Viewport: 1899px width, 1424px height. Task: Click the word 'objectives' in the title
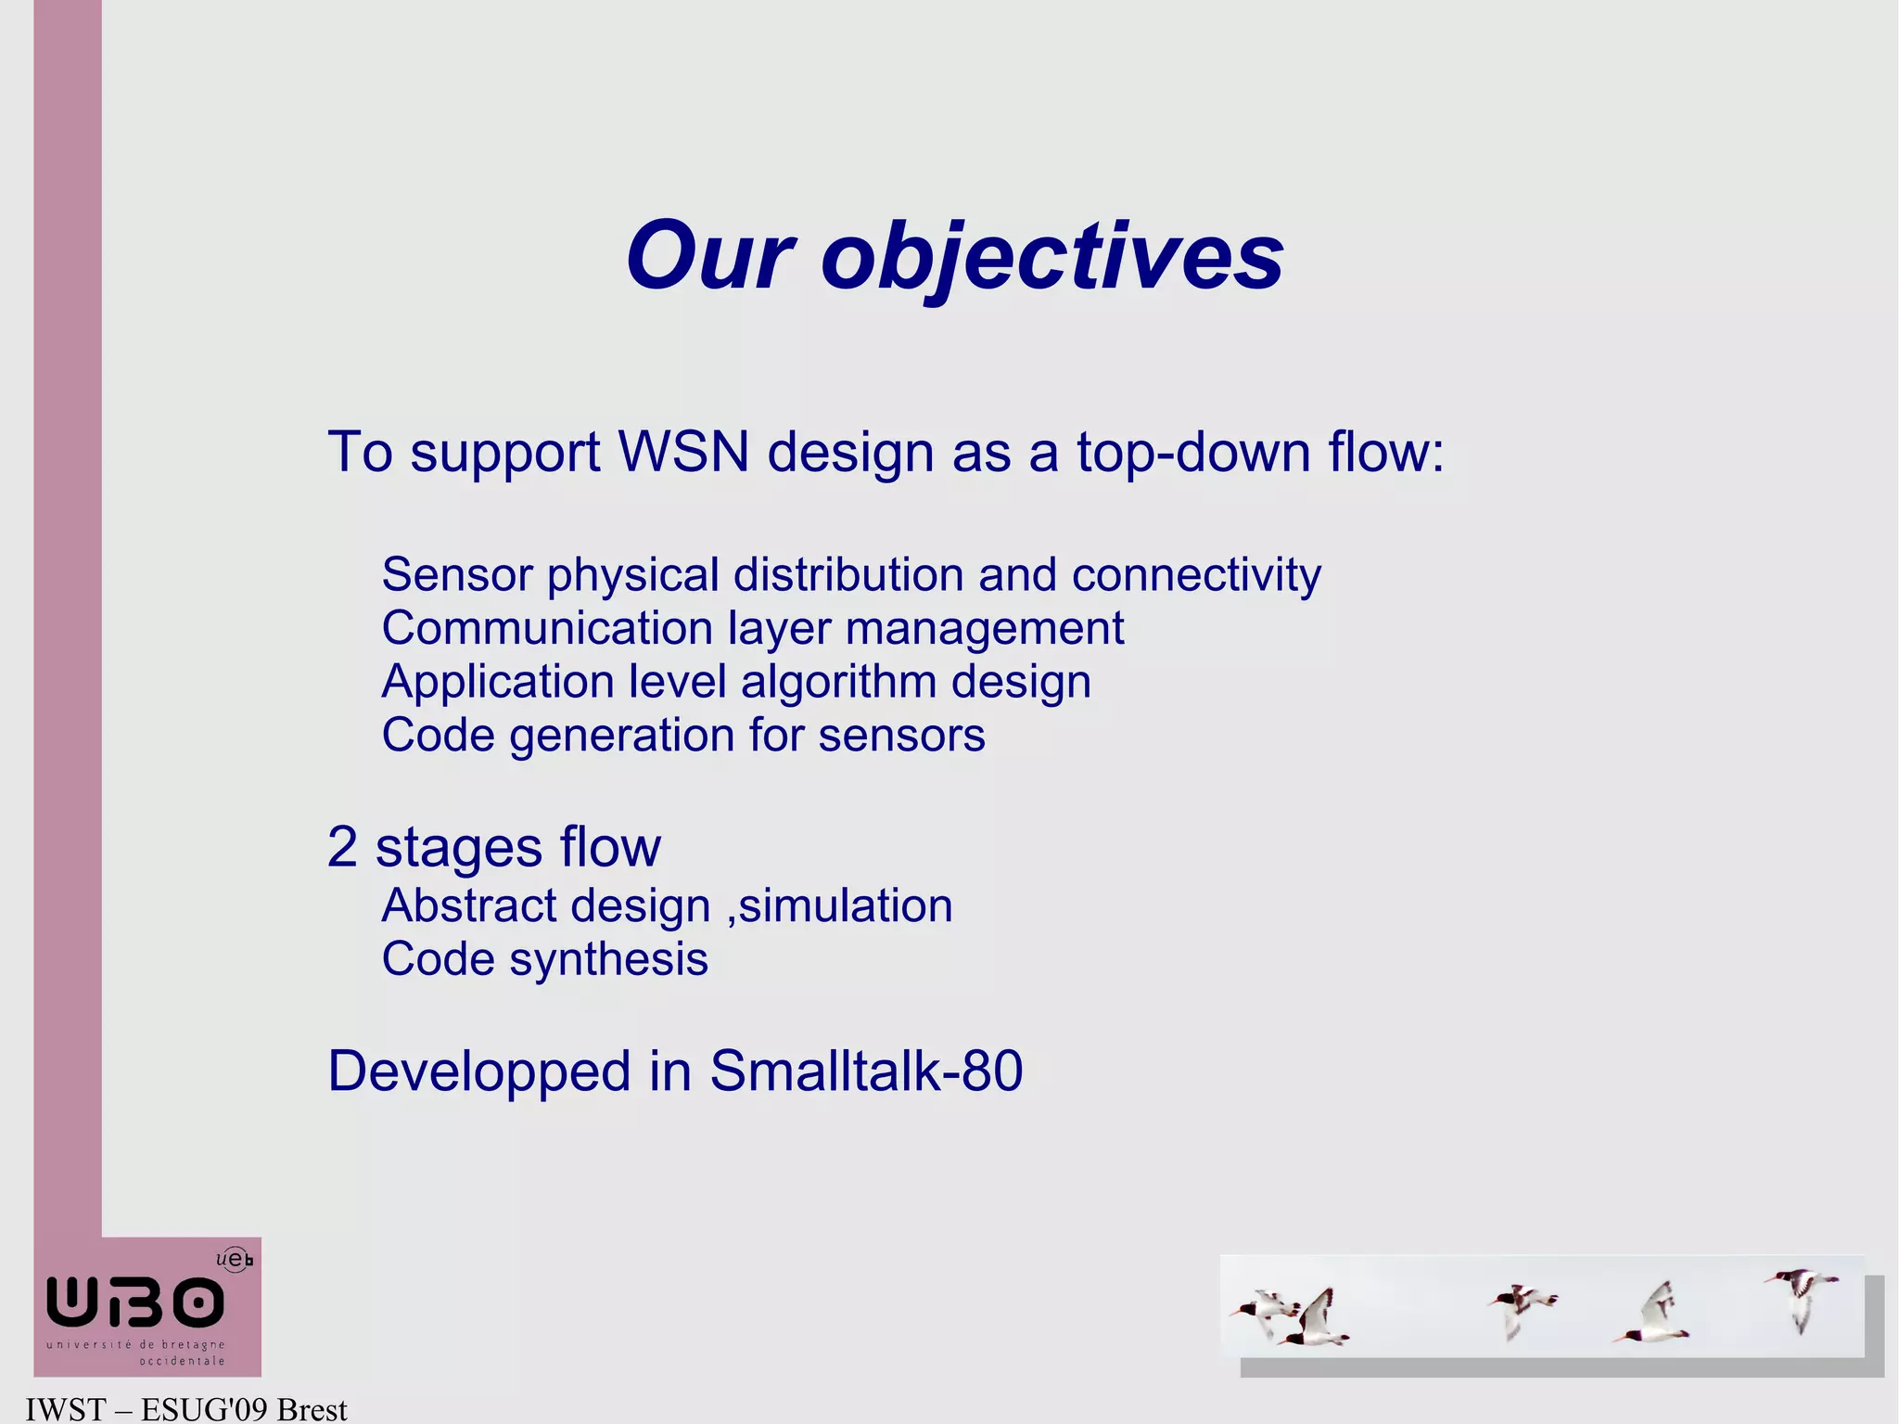[1051, 258]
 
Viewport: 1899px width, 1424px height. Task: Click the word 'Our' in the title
[710, 258]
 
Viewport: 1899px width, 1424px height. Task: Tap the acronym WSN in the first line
[683, 453]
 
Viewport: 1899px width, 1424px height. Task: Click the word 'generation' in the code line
[622, 737]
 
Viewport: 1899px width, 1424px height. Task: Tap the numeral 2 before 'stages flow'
[342, 847]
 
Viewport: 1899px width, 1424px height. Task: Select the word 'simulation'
[845, 906]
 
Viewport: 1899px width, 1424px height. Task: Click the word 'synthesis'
[608, 960]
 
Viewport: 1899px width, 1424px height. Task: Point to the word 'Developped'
[479, 1072]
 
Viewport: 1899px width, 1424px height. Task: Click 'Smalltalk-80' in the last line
[866, 1071]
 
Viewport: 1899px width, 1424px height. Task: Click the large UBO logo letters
[135, 1302]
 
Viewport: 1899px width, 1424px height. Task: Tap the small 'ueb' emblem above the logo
[234, 1259]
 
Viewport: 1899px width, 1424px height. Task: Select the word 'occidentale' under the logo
[182, 1361]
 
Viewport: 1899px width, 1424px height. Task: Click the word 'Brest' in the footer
[312, 1409]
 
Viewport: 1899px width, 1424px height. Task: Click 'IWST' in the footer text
[65, 1409]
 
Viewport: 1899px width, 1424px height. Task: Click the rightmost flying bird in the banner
[1801, 1297]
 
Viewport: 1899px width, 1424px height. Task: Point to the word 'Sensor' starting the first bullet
[456, 576]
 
